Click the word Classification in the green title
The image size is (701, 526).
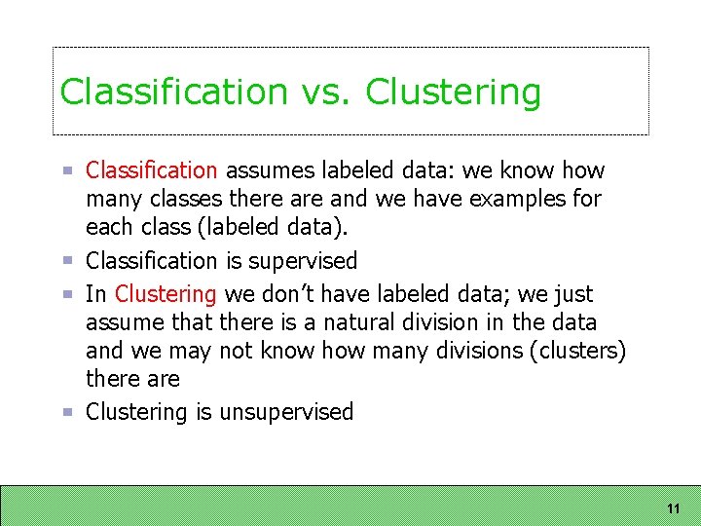pyautogui.click(x=173, y=92)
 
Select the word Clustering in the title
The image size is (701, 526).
pyautogui.click(x=453, y=92)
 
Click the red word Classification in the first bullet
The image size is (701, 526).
pyautogui.click(x=152, y=170)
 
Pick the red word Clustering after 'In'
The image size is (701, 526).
pyautogui.click(x=166, y=294)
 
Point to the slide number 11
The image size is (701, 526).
pyautogui.click(x=673, y=508)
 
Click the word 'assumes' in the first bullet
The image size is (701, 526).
pyautogui.click(x=264, y=170)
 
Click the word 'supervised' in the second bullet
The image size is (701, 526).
pyautogui.click(x=304, y=261)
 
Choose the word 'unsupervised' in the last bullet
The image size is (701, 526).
pyautogui.click(x=286, y=412)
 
